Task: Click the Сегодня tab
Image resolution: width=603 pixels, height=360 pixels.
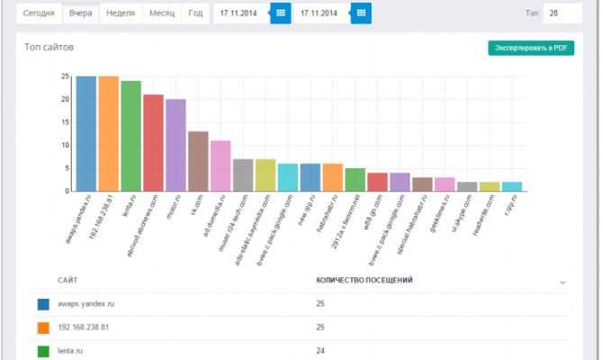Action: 39,13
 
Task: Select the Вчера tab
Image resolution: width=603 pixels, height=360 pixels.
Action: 79,13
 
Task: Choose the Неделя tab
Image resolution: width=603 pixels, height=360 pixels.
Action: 121,13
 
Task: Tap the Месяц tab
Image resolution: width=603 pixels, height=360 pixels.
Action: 163,13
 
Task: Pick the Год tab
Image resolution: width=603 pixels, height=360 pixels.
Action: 194,13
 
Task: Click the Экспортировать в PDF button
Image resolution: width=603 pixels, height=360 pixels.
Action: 530,48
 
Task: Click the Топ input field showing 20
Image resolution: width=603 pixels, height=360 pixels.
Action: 562,13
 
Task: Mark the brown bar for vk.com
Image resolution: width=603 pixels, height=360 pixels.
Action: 198,161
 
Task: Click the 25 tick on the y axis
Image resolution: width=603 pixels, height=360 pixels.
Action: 65,76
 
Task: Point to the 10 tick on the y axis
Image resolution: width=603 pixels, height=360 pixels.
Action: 65,145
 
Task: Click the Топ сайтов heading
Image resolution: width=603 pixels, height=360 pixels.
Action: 49,46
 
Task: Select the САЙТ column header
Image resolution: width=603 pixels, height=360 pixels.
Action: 67,280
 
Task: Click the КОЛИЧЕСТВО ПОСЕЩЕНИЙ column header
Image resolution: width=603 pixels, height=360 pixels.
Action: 364,280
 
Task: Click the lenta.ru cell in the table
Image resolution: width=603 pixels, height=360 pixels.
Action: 70,350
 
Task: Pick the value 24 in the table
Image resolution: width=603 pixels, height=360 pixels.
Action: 320,350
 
